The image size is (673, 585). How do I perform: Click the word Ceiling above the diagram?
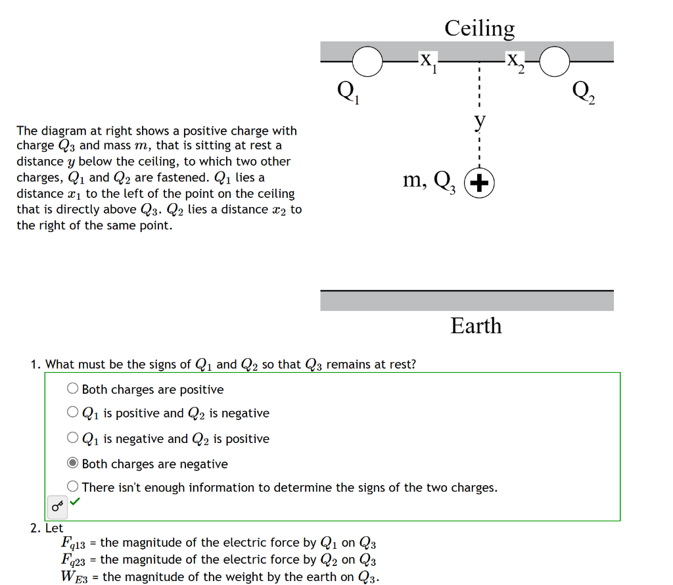[479, 28]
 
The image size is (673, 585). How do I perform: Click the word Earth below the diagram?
[476, 326]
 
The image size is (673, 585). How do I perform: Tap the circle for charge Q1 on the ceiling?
[367, 61]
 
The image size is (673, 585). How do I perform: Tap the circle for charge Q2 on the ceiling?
[555, 61]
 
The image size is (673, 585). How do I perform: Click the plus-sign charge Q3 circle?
[480, 183]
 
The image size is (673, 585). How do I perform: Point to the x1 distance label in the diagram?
[428, 61]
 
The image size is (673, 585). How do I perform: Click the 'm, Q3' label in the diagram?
[429, 180]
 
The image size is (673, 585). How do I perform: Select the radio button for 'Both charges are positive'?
[73, 389]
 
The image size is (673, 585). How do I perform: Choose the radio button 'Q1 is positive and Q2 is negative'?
[73, 413]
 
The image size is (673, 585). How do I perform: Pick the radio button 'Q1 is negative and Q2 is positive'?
[73, 438]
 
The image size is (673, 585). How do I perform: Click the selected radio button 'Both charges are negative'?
[73, 463]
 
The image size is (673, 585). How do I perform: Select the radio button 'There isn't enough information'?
[73, 487]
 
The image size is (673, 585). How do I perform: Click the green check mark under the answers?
[75, 502]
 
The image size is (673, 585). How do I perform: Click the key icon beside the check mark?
[58, 505]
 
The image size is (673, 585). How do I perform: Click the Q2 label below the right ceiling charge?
[584, 93]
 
